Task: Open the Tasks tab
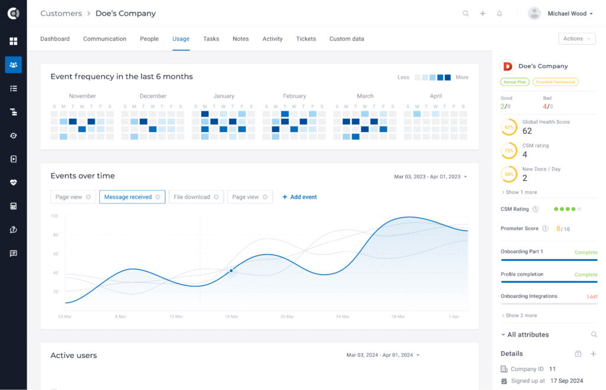(x=211, y=39)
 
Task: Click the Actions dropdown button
(x=576, y=38)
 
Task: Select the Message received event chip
(x=128, y=197)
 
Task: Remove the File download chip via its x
(x=217, y=197)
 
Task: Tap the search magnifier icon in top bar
(x=466, y=14)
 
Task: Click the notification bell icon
(x=499, y=14)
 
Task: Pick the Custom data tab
(x=347, y=39)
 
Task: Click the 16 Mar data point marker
(x=231, y=270)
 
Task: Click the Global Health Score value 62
(x=527, y=131)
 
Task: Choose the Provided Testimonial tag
(x=555, y=82)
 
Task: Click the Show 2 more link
(x=520, y=315)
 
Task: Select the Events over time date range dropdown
(x=430, y=176)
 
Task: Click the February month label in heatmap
(x=294, y=96)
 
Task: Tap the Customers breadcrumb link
(x=61, y=13)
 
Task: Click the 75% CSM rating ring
(x=508, y=150)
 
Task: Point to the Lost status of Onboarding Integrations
(x=592, y=296)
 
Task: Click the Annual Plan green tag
(x=514, y=82)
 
